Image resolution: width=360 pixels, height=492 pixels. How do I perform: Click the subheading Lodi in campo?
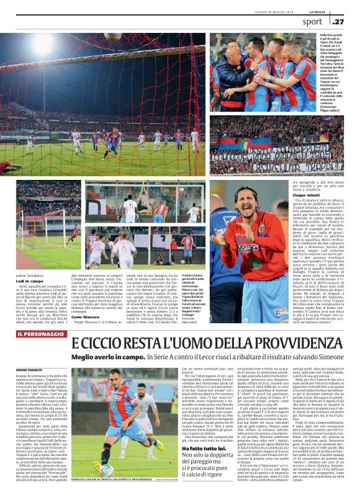(x=30, y=280)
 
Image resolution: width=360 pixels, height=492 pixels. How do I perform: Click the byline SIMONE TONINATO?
(x=30, y=369)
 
